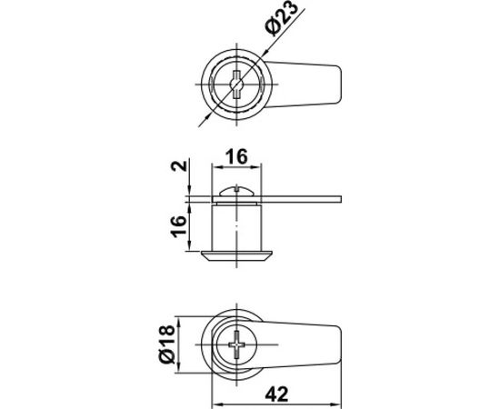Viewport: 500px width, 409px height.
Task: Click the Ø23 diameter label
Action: (282, 18)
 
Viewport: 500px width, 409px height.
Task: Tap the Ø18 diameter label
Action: (167, 344)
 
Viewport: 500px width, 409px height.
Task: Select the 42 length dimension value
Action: (276, 394)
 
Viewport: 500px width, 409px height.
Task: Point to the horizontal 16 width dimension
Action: (236, 157)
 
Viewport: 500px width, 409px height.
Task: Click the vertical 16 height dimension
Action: (178, 226)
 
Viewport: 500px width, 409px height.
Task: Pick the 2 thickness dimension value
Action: (178, 165)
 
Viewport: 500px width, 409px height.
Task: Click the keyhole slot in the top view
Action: (236, 85)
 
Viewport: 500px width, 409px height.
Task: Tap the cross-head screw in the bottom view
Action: (236, 344)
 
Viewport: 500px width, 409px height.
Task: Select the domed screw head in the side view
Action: (236, 191)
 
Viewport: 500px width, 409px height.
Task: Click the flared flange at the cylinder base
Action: (236, 256)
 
